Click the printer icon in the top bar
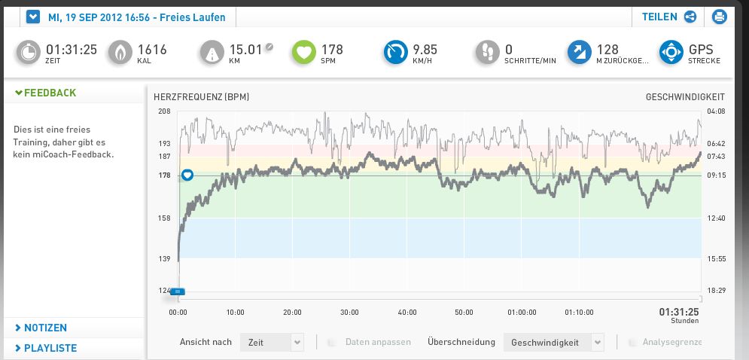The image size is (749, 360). (x=718, y=17)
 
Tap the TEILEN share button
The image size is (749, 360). (x=668, y=17)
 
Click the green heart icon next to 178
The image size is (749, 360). (x=304, y=51)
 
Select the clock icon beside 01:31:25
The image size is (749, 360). (x=29, y=51)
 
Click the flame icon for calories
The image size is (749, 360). (x=120, y=51)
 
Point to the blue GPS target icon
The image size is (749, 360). (x=671, y=51)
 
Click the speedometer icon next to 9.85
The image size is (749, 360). (x=395, y=51)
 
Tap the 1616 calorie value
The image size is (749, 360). (x=152, y=50)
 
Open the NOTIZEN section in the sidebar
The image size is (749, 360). (x=45, y=328)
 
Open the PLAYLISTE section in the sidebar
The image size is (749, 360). (x=50, y=348)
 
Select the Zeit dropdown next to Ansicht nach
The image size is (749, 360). (x=272, y=342)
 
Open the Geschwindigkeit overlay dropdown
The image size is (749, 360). (x=554, y=342)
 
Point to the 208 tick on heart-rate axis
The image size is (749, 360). (x=164, y=111)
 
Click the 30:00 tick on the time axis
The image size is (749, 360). (x=349, y=312)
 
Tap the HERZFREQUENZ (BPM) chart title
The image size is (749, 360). (x=201, y=97)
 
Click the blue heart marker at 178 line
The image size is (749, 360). (x=188, y=175)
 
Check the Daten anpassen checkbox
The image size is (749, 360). (x=332, y=342)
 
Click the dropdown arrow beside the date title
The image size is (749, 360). (x=32, y=17)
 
